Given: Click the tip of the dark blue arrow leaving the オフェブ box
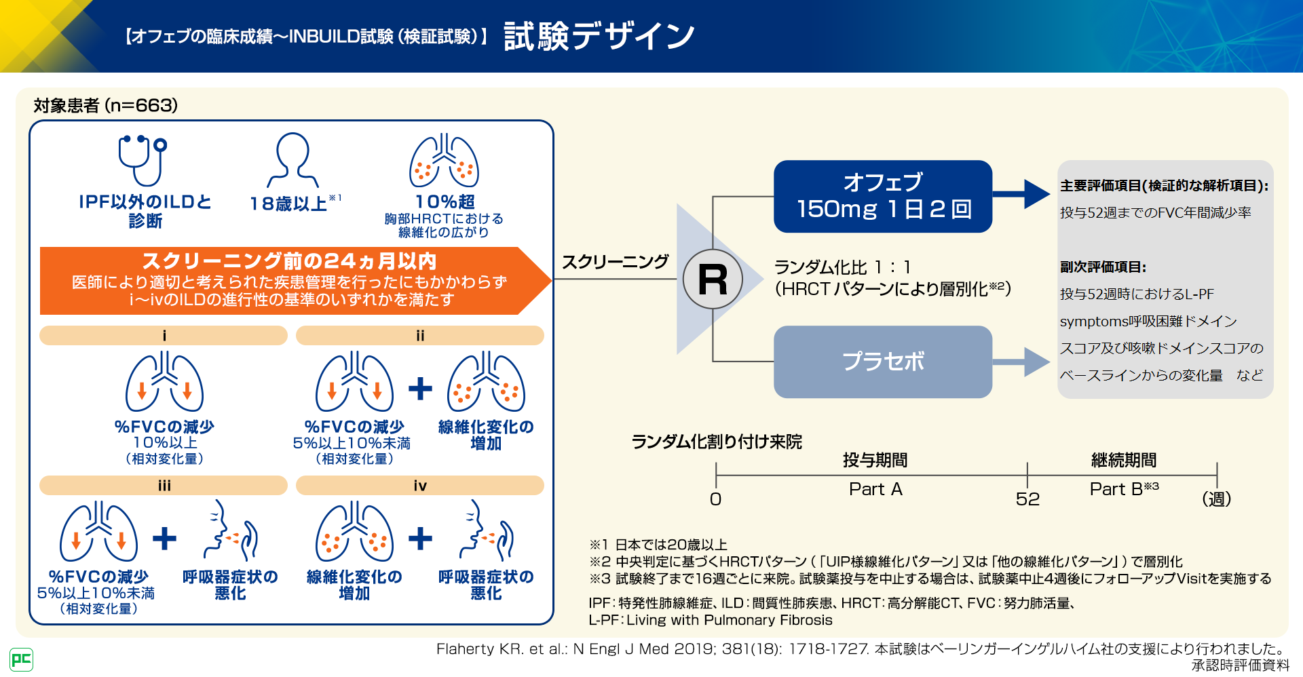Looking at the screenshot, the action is tap(1050, 194).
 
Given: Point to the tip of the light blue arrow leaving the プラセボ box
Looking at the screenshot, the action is tap(1050, 362).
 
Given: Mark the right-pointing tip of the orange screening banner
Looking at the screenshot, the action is tap(551, 280).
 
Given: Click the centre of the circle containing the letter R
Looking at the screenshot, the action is tap(713, 279).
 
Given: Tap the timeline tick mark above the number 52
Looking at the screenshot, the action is tap(1027, 475).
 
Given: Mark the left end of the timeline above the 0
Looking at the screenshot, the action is tap(716, 475).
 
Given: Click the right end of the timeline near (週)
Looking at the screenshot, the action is tap(1217, 475).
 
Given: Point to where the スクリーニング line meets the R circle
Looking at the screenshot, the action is tap(683, 279).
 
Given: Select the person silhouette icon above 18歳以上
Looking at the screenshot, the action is tap(293, 160).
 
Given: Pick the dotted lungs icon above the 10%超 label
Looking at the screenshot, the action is tap(444, 161).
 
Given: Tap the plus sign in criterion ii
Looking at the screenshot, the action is tap(420, 388).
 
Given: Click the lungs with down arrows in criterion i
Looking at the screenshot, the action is tap(164, 381).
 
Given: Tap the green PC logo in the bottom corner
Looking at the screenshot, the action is tap(21, 659).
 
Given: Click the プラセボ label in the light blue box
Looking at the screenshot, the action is tap(883, 362).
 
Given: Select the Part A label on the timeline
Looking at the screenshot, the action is tap(875, 489).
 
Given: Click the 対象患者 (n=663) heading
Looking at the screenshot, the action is tap(106, 105).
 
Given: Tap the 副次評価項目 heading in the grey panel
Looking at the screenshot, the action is tap(1103, 267).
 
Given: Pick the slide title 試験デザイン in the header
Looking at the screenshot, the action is tap(599, 36).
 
